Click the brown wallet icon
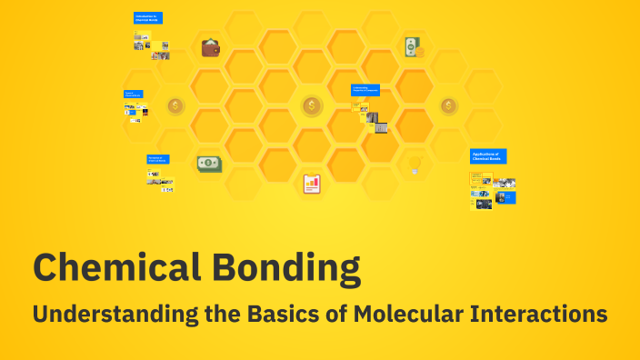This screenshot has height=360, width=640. click(211, 47)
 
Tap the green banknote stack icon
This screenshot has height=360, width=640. click(210, 164)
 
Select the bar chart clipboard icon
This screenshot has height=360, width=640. click(312, 185)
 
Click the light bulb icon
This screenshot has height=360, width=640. click(415, 165)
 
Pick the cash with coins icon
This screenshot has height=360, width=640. click(414, 47)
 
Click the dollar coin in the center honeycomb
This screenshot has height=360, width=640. click(312, 106)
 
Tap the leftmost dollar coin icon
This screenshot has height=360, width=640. click(175, 106)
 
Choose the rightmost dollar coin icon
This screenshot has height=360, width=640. click(448, 106)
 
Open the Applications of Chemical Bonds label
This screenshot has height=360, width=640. click(488, 156)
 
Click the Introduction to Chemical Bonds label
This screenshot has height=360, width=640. click(148, 18)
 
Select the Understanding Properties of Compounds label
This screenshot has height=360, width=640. click(365, 90)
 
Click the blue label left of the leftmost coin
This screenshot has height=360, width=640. click(133, 94)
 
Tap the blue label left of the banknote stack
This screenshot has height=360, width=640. click(157, 159)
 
